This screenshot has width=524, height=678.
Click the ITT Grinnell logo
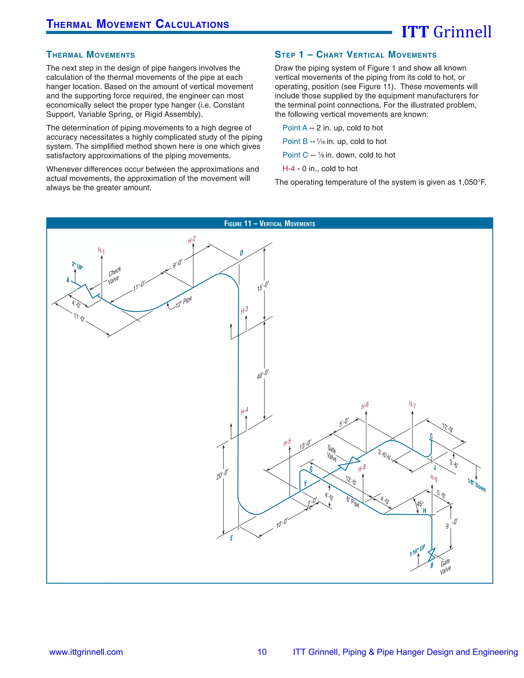(446, 32)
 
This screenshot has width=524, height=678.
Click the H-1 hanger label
(101, 250)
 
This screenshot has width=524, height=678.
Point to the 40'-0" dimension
(263, 374)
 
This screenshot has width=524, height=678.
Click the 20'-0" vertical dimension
(222, 474)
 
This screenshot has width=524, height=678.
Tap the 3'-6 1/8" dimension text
(384, 455)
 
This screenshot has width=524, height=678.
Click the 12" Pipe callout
(183, 302)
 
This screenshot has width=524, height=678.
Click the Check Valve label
(114, 275)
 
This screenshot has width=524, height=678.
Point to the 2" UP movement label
(77, 266)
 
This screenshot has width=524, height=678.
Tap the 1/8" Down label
(476, 485)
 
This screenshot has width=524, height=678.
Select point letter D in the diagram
(242, 253)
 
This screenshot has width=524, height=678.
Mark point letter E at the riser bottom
(231, 538)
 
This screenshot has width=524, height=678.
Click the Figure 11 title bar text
(269, 224)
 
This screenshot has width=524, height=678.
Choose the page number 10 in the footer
(262, 652)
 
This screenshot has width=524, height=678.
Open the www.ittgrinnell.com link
(86, 652)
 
